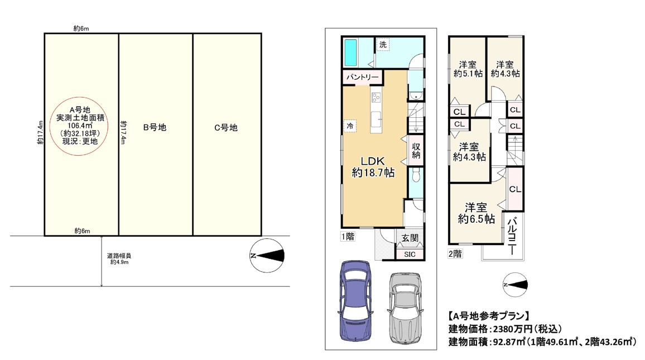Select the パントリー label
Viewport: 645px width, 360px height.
(x=362, y=77)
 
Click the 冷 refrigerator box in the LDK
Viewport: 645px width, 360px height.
(x=350, y=126)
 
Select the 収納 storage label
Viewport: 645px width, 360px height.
(x=416, y=150)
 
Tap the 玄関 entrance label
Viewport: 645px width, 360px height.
(x=409, y=238)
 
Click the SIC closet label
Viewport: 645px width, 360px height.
(x=409, y=254)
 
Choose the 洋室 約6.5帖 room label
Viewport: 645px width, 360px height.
(x=473, y=213)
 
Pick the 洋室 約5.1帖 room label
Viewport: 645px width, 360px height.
(x=468, y=68)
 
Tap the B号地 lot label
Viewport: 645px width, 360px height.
(x=155, y=127)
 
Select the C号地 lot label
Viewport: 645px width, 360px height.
(x=226, y=127)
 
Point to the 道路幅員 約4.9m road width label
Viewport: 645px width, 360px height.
(x=120, y=259)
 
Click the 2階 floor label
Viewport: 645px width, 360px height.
(x=455, y=253)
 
